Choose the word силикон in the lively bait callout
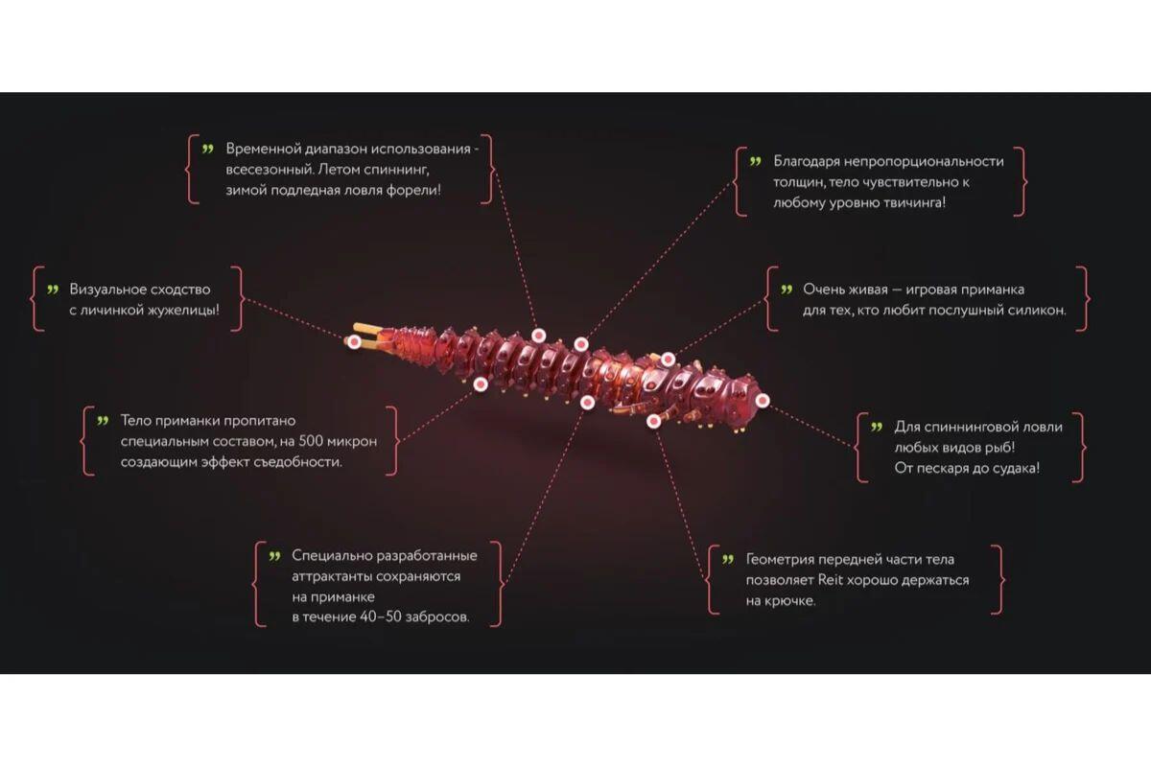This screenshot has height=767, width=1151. point(1039,311)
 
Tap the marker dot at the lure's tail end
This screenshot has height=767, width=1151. point(354,341)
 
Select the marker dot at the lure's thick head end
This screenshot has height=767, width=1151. point(763,400)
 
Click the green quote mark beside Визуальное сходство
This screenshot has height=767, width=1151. point(53,290)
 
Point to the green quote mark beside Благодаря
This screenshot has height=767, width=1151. point(756,161)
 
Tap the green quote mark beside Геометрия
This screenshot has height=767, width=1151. point(728,559)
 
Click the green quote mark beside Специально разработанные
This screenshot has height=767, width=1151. point(275,556)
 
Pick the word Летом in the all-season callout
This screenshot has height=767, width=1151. point(337,169)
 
